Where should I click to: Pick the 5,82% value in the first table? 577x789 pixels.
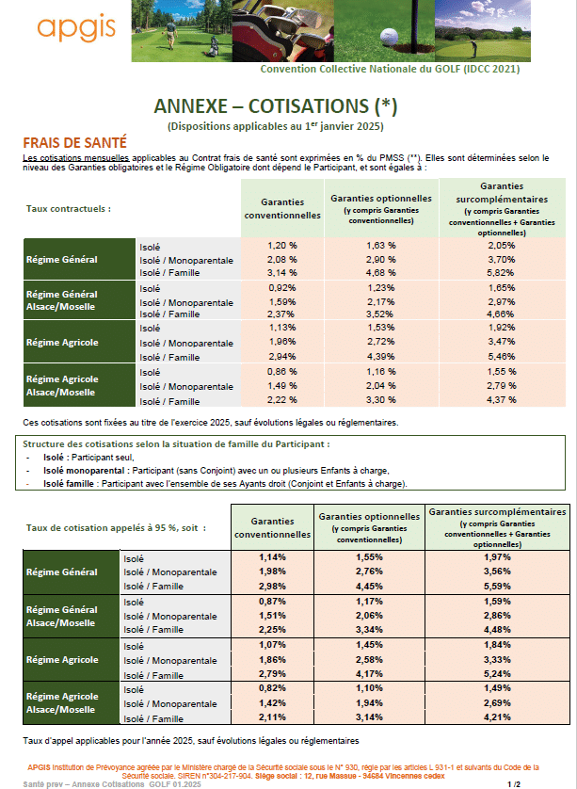500,272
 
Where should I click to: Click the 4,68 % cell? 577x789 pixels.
380,272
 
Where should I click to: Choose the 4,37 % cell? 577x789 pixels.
500,400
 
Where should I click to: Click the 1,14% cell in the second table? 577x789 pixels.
272,558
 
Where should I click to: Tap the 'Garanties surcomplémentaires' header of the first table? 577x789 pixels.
501,199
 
